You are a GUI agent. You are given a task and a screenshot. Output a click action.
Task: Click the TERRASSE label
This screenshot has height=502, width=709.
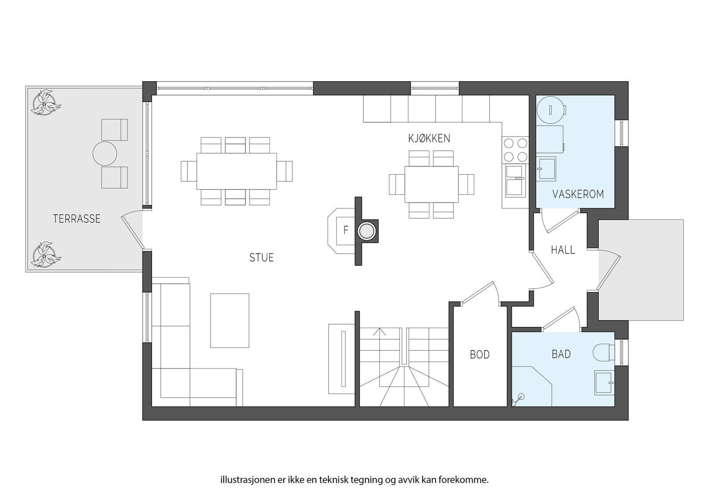pyautogui.click(x=77, y=219)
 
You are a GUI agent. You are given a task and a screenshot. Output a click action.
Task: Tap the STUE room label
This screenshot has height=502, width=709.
pyautogui.click(x=261, y=258)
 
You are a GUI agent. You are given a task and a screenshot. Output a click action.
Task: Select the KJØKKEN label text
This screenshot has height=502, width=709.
pyautogui.click(x=429, y=138)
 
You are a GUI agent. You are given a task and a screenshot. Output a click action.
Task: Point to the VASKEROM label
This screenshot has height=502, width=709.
pyautogui.click(x=578, y=194)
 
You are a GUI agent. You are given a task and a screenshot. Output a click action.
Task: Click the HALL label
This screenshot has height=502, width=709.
pyautogui.click(x=563, y=250)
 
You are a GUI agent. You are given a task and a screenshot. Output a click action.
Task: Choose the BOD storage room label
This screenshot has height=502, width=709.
pyautogui.click(x=479, y=355)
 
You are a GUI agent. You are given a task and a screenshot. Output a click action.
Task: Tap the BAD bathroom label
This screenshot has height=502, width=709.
pyautogui.click(x=561, y=354)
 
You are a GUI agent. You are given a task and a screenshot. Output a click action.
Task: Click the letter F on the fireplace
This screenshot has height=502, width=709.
pyautogui.click(x=346, y=231)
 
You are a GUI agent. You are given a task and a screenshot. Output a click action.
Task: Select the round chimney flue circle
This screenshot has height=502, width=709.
pyautogui.click(x=367, y=231)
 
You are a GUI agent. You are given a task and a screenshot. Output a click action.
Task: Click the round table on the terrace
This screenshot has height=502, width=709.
pyautogui.click(x=105, y=154)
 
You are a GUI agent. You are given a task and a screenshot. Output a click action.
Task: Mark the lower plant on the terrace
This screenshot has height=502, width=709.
pyautogui.click(x=44, y=255)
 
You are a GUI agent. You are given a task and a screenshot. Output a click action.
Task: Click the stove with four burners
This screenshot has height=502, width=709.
pyautogui.click(x=515, y=150)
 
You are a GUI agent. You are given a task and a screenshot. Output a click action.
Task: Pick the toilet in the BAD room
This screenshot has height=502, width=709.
pyautogui.click(x=604, y=352)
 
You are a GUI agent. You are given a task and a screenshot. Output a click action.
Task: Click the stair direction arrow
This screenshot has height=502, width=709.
pyautogui.click(x=380, y=333)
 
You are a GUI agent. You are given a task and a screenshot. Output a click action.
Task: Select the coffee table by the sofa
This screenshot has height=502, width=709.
pyautogui.click(x=230, y=320)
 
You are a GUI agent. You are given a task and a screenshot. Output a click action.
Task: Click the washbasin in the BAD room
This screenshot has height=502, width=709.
pyautogui.click(x=604, y=383)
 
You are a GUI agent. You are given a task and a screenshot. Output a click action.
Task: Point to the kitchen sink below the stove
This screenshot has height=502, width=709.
pyautogui.click(x=515, y=180)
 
